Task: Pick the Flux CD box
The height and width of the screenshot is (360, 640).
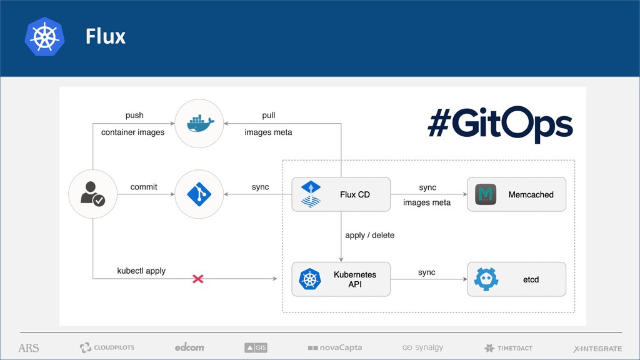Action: [341, 194]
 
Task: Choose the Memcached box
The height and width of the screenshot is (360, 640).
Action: [516, 194]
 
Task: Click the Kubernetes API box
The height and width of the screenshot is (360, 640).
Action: [341, 279]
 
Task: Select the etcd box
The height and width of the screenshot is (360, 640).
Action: [516, 279]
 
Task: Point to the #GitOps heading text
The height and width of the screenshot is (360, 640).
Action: [500, 124]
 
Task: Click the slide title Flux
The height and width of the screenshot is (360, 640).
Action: [106, 37]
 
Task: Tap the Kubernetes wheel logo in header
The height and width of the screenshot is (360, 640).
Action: [44, 37]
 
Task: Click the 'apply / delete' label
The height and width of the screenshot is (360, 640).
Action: [369, 236]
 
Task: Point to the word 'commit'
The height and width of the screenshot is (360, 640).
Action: [144, 187]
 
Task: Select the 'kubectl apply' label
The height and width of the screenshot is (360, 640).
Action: [141, 271]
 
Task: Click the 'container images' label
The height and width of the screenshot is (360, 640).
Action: [132, 132]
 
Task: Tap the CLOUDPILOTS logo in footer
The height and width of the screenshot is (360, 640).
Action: [107, 347]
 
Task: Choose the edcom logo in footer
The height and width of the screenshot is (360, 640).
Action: [189, 347]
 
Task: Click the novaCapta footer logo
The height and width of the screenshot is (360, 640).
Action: [335, 347]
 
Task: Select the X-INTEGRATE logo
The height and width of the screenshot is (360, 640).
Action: [597, 348]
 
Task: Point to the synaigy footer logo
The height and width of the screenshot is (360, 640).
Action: [422, 347]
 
